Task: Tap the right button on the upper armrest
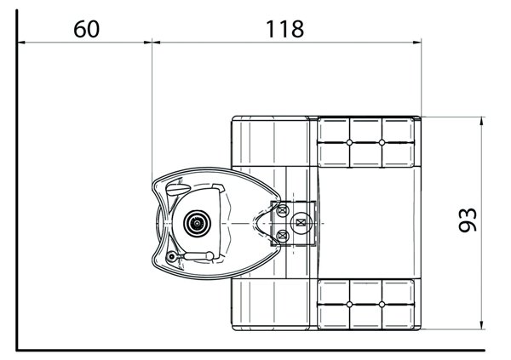pyautogui.click(x=382, y=141)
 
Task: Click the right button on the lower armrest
pyautogui.click(x=382, y=304)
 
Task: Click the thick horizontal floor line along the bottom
pyautogui.click(x=255, y=349)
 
